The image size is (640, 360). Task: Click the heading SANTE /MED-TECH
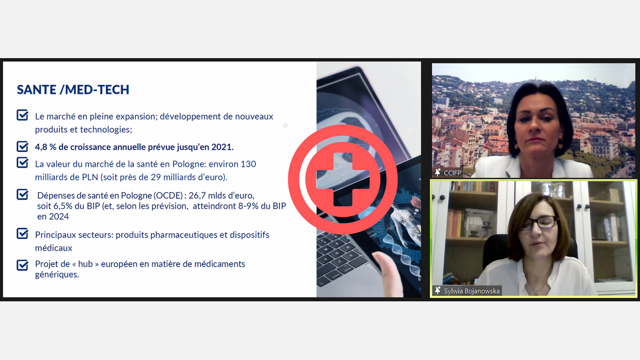[x=73, y=90]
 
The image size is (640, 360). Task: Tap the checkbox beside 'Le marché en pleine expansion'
[x=22, y=115]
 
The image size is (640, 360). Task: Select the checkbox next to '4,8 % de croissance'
[x=22, y=147]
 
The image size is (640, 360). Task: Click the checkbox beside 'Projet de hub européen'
[x=22, y=265]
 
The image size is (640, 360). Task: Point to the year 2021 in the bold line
[x=222, y=147]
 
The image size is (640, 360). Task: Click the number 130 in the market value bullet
[x=249, y=164]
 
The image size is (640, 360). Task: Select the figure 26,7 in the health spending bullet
[x=197, y=195]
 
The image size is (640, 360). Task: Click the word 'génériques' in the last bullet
[x=57, y=275]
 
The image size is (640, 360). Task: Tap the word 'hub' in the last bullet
[x=85, y=263]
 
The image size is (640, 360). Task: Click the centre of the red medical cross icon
[x=343, y=179]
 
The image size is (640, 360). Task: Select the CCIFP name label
[x=452, y=173]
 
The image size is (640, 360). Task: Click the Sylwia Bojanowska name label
[x=471, y=291]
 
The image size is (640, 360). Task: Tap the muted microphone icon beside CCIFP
[x=438, y=172]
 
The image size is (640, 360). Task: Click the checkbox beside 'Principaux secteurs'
[x=22, y=234]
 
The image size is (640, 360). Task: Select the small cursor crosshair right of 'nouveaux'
[x=285, y=125]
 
